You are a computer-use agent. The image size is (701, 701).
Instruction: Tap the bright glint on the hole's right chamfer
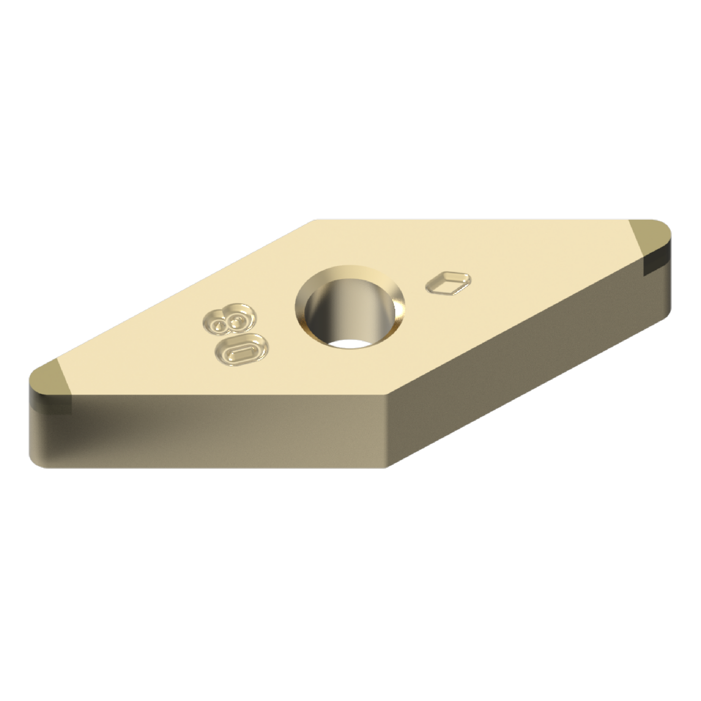[399, 308]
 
